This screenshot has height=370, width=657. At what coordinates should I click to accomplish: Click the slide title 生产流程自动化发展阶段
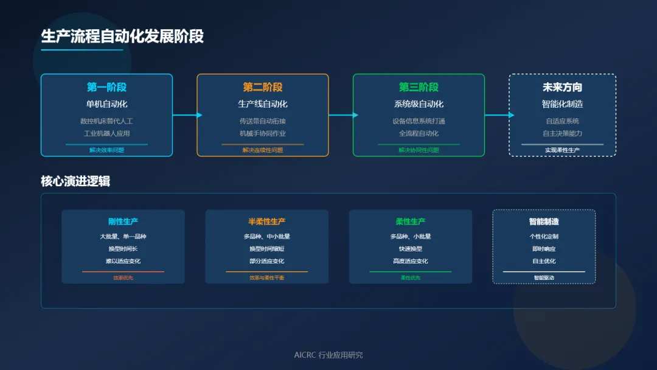point(122,37)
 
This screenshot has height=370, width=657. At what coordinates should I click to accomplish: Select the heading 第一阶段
point(106,88)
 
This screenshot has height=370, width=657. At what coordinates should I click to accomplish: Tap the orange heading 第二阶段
point(263,88)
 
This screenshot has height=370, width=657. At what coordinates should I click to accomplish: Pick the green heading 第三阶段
point(419,88)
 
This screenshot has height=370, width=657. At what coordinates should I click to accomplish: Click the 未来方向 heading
point(562,88)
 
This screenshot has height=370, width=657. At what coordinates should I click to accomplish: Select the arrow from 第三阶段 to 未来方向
point(497,115)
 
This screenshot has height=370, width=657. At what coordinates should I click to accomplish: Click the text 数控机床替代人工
point(106,121)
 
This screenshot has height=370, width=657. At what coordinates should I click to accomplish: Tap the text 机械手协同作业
point(263,133)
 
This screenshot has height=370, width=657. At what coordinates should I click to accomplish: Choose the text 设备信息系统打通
point(419,121)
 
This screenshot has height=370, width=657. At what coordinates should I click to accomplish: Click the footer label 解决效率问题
point(106,150)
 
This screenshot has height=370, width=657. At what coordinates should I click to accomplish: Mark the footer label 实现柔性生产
point(562,150)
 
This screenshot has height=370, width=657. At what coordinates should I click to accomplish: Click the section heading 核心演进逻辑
point(75,181)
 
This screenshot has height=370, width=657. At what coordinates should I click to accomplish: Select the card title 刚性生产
point(123,222)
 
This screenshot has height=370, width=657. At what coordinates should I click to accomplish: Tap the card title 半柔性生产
point(266,222)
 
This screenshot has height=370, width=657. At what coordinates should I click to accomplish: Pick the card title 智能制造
point(544,222)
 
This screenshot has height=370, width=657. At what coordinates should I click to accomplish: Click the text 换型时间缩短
point(266,249)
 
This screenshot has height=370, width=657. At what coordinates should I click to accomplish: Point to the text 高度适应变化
point(411,261)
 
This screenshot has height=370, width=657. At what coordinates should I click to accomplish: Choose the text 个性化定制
point(544,237)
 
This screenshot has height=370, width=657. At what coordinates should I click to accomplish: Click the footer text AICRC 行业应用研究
point(328,355)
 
